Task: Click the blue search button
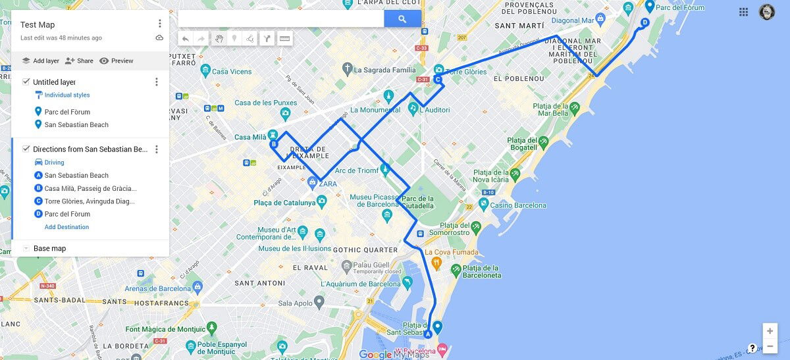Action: click(402, 19)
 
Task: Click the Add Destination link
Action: click(66, 227)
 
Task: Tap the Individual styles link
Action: click(66, 95)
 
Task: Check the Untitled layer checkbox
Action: click(26, 82)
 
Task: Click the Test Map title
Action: click(38, 25)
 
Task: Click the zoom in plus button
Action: click(770, 331)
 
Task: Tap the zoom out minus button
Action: click(770, 346)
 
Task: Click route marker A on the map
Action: click(428, 334)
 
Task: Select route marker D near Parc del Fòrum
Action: click(645, 22)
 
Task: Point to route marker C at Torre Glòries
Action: click(437, 79)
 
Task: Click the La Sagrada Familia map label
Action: click(385, 69)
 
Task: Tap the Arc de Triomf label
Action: click(357, 170)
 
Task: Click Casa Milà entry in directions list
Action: click(90, 188)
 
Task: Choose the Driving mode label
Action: click(54, 163)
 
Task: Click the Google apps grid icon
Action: click(743, 12)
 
